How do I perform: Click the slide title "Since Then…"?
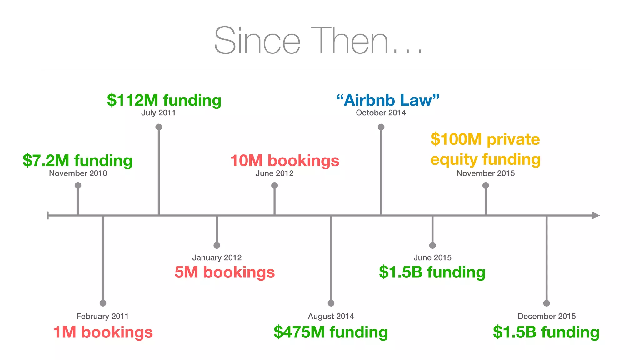(x=318, y=41)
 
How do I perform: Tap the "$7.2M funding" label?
(x=77, y=160)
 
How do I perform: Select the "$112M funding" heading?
(x=164, y=100)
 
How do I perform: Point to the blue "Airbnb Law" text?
(x=388, y=100)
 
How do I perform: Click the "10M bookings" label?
(x=285, y=160)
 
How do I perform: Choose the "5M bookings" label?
(x=225, y=272)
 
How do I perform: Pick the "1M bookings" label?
(x=103, y=332)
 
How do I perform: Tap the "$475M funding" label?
(x=331, y=332)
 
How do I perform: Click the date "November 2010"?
(x=78, y=173)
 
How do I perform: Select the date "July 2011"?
(x=158, y=113)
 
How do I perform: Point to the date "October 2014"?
(x=381, y=113)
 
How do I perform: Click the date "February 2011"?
(x=102, y=316)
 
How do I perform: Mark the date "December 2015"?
(x=547, y=316)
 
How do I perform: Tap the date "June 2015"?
(x=432, y=257)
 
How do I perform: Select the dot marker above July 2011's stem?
(x=159, y=127)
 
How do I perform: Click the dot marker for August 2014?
(x=331, y=303)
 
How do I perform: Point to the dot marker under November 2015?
(x=486, y=185)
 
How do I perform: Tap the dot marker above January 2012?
(x=217, y=245)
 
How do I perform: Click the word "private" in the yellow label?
(x=513, y=139)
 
